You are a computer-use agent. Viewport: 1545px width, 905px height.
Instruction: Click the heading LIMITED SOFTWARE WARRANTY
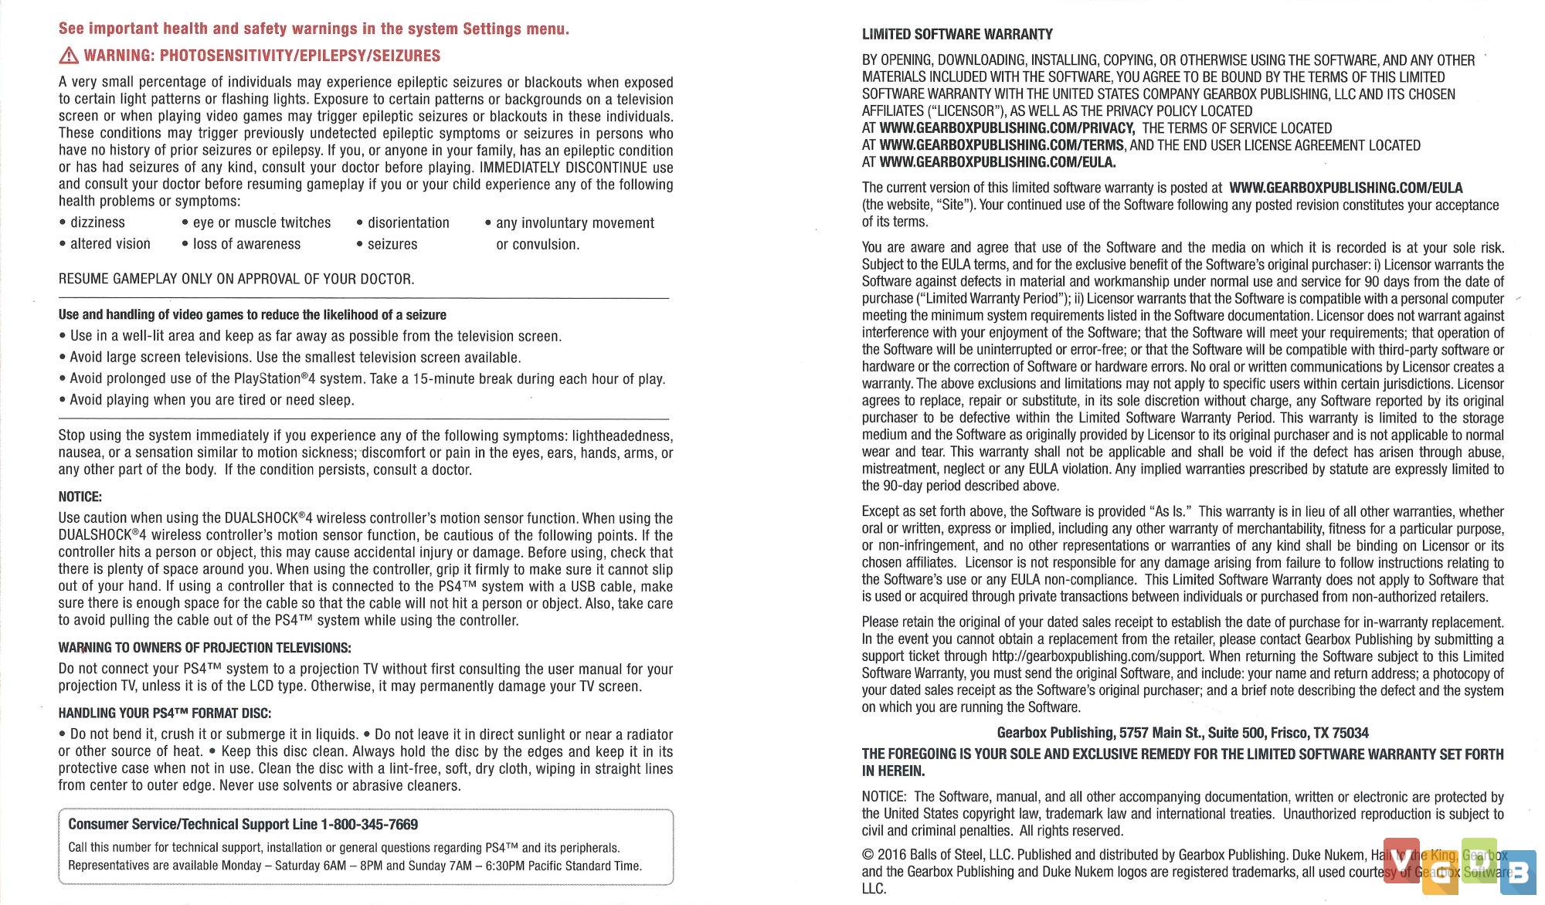pyautogui.click(x=957, y=35)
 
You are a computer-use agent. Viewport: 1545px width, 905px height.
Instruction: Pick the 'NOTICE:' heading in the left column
pyautogui.click(x=80, y=497)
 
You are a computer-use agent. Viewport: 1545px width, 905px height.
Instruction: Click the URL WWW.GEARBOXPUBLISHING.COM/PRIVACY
pyautogui.click(x=1007, y=128)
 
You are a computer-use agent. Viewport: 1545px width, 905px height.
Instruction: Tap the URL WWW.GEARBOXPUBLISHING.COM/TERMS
pyautogui.click(x=1001, y=145)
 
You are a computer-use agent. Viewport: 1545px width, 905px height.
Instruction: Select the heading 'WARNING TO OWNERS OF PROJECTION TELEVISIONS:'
pyautogui.click(x=205, y=648)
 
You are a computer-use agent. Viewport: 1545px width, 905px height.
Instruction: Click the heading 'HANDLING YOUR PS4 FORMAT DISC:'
pyautogui.click(x=165, y=713)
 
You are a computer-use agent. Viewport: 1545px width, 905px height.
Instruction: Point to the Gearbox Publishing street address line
pyautogui.click(x=1182, y=733)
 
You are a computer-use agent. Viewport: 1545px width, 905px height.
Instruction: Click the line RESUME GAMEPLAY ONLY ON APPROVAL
pyautogui.click(x=236, y=279)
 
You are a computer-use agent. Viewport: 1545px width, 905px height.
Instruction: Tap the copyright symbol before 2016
pyautogui.click(x=868, y=855)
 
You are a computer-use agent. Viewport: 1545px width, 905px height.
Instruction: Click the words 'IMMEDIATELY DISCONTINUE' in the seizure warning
pyautogui.click(x=564, y=168)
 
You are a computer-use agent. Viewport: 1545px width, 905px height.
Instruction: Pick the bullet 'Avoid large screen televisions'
pyautogui.click(x=295, y=358)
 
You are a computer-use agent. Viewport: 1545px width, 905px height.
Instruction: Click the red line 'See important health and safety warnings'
pyautogui.click(x=314, y=29)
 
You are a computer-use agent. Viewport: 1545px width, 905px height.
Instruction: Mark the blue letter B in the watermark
pyautogui.click(x=1518, y=873)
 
